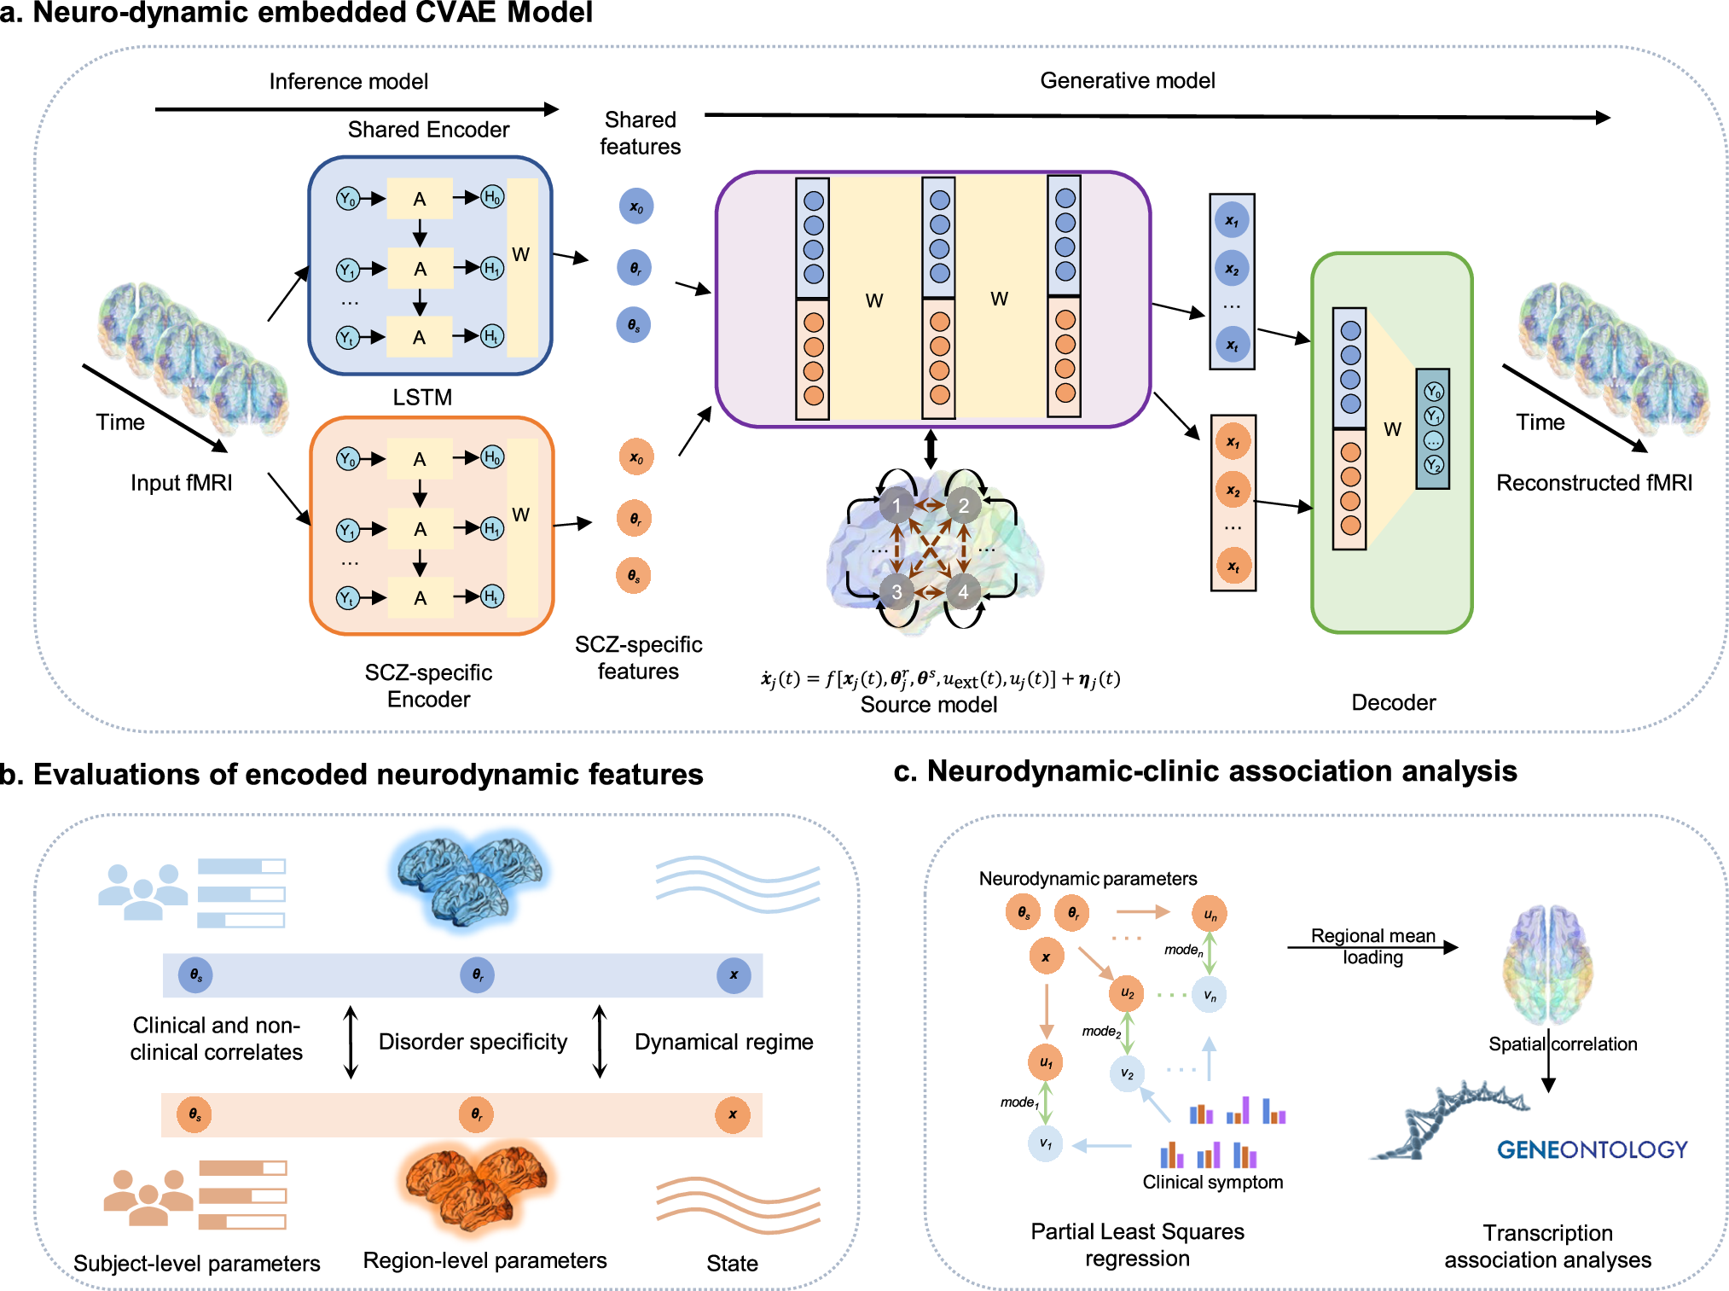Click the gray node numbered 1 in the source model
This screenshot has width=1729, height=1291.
(896, 505)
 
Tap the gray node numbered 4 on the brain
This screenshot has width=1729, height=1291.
(963, 591)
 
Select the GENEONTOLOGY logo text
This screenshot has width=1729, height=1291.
(1592, 1149)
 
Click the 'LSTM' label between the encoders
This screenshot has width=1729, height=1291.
(422, 397)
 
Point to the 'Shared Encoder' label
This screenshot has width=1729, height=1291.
(428, 130)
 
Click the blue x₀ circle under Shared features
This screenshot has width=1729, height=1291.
(636, 206)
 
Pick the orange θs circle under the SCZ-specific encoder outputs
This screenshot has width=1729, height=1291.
(634, 575)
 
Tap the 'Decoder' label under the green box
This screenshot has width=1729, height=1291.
(1393, 702)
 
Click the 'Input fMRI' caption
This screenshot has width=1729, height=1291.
(181, 483)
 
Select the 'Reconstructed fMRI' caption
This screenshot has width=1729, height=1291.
(1593, 483)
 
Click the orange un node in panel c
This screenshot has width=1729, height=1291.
(1210, 914)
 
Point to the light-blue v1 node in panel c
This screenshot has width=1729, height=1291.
(1045, 1143)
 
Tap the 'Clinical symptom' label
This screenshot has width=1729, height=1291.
(1212, 1182)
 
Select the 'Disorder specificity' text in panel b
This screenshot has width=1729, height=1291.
(473, 1042)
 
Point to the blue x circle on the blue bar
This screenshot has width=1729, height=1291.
(734, 974)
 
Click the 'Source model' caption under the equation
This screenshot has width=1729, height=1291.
(928, 705)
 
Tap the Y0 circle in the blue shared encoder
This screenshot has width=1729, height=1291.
(347, 199)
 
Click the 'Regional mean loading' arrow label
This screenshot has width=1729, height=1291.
(1372, 946)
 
